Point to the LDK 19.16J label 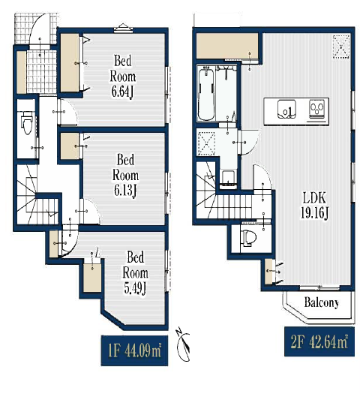tap(314, 205)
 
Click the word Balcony tap(321, 302)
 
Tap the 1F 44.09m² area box tap(134, 350)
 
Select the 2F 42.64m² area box tap(319, 341)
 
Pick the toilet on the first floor tap(27, 122)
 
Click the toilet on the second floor tap(248, 237)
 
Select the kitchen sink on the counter tap(286, 110)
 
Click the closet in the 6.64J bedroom tap(70, 63)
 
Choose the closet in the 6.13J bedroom tap(70, 146)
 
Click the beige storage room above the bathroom tap(227, 47)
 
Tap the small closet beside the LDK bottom tap(268, 272)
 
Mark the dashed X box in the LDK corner tap(341, 47)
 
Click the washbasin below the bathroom tap(229, 179)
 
